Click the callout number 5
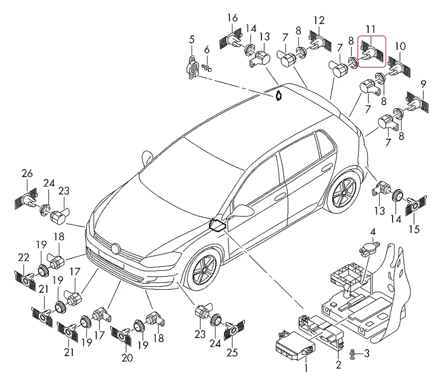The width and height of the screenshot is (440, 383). pos(191,40)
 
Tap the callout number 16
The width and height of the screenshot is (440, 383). pos(232,18)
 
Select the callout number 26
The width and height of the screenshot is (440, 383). pos(27,173)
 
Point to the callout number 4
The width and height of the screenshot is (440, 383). pos(373,232)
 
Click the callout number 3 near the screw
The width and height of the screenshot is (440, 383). pos(367,353)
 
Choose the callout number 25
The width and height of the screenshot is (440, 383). pos(232,353)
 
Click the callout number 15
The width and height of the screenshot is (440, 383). pos(414,229)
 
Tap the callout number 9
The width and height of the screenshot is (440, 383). pos(423,84)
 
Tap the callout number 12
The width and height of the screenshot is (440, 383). pos(319,20)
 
